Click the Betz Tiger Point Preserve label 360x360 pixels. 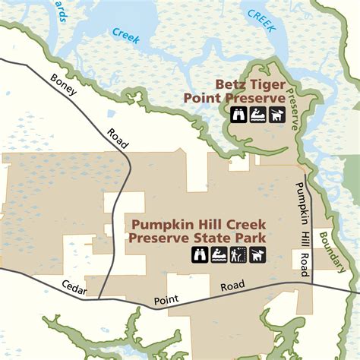click(x=250, y=91)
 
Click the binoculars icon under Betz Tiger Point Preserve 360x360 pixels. click(x=238, y=115)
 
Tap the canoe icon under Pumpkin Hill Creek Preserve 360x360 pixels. click(x=218, y=254)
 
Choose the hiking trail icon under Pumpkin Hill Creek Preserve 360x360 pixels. click(x=238, y=254)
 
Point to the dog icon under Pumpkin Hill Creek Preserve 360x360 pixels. click(x=258, y=254)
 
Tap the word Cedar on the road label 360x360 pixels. click(x=75, y=289)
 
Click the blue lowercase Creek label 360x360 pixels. click(x=126, y=35)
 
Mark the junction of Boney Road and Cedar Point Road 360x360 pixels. click(x=99, y=298)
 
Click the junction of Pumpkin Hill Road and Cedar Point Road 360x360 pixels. click(x=311, y=286)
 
